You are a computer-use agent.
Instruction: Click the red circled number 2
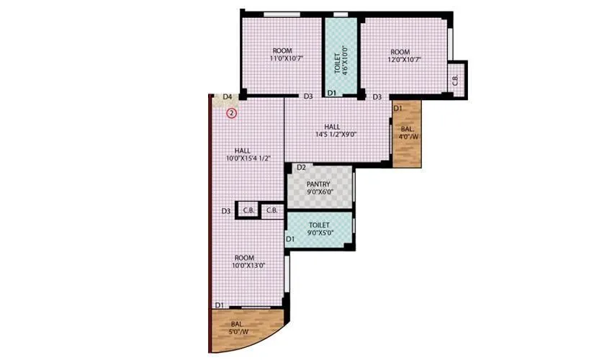(232, 112)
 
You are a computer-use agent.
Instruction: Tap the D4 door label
(227, 96)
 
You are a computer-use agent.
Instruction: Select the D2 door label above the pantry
(302, 168)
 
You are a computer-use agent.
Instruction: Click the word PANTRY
(318, 184)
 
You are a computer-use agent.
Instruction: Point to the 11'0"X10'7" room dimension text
(282, 60)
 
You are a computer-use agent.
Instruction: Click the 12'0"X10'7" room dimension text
(400, 60)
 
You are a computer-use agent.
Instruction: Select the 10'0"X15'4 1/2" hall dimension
(247, 158)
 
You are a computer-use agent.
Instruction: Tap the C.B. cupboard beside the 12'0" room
(455, 78)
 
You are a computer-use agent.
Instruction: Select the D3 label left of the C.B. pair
(226, 211)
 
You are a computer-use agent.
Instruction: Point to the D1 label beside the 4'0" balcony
(398, 108)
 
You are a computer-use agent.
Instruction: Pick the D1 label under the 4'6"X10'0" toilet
(332, 94)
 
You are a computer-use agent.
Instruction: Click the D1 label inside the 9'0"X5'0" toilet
(290, 238)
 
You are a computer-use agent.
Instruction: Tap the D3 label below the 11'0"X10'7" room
(307, 96)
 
